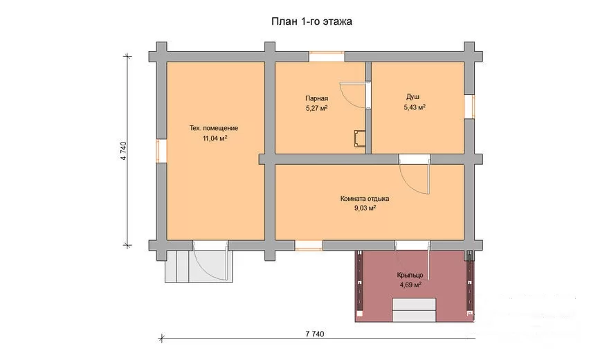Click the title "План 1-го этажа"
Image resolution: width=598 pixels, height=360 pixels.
(311, 21)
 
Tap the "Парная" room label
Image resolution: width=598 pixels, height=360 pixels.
(316, 99)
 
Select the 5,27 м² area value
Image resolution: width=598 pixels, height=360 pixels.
(316, 108)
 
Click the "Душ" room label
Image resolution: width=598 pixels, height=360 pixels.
(413, 97)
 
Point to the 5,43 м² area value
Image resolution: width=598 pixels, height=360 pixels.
(415, 107)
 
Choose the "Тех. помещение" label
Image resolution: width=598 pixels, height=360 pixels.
(214, 128)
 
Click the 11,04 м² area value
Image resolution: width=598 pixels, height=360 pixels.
(215, 138)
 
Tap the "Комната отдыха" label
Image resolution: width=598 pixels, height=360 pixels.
(365, 199)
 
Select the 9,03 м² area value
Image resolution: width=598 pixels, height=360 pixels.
(365, 208)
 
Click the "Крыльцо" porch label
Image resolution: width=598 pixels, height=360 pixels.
(410, 275)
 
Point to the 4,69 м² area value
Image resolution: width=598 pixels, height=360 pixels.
(410, 285)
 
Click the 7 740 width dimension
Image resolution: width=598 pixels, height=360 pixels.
(315, 334)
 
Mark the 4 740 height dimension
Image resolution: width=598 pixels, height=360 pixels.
(123, 151)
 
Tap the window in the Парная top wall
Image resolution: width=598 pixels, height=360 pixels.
(327, 57)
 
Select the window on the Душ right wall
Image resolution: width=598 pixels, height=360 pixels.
(469, 107)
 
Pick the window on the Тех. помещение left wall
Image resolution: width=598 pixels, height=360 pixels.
(161, 151)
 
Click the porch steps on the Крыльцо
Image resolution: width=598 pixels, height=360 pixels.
(414, 310)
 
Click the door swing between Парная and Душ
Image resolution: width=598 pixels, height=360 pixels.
(351, 94)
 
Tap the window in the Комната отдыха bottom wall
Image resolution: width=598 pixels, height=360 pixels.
(309, 245)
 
